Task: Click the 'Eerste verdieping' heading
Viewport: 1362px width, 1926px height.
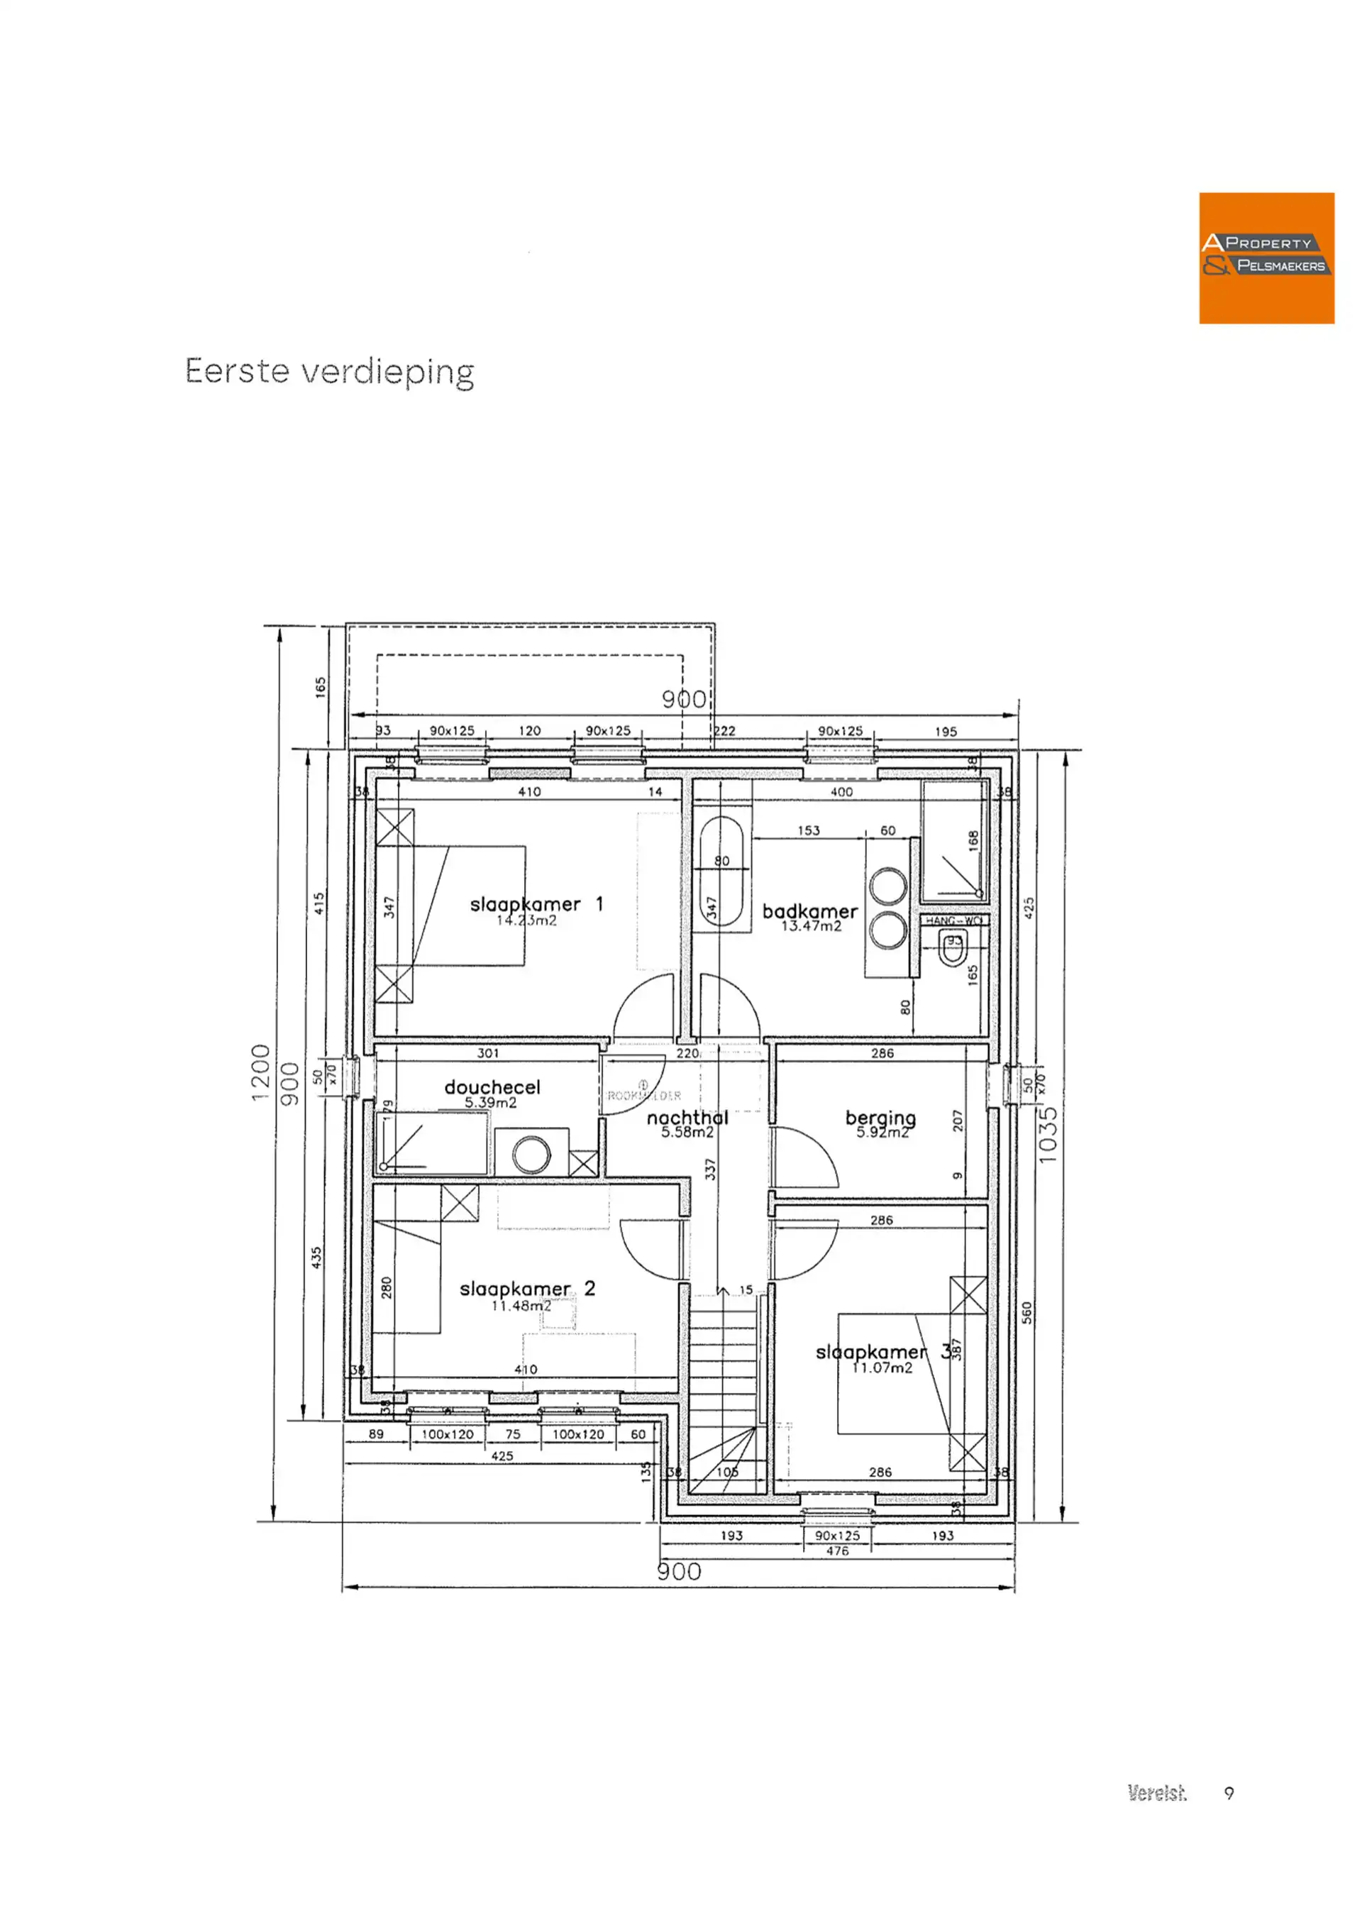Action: (330, 372)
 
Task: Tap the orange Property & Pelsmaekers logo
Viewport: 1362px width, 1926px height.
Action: (1266, 258)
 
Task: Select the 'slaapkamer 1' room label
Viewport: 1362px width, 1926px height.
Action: (536, 904)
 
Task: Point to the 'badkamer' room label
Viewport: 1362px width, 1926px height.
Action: (809, 911)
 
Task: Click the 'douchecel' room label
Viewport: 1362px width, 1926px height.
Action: (492, 1087)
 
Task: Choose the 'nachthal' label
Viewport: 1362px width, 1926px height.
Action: (687, 1117)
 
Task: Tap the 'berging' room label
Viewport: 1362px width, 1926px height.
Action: (880, 1117)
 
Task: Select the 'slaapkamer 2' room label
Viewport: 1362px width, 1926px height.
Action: (526, 1289)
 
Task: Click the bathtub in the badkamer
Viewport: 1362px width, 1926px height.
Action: (721, 872)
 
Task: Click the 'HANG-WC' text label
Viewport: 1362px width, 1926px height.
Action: (953, 920)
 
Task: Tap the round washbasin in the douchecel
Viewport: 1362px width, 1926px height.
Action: (531, 1155)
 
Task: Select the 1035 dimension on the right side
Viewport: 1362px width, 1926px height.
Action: (1048, 1134)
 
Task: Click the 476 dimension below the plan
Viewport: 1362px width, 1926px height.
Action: (837, 1551)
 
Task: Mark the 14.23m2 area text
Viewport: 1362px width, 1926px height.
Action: (526, 920)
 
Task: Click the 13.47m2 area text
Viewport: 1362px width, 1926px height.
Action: (811, 926)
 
